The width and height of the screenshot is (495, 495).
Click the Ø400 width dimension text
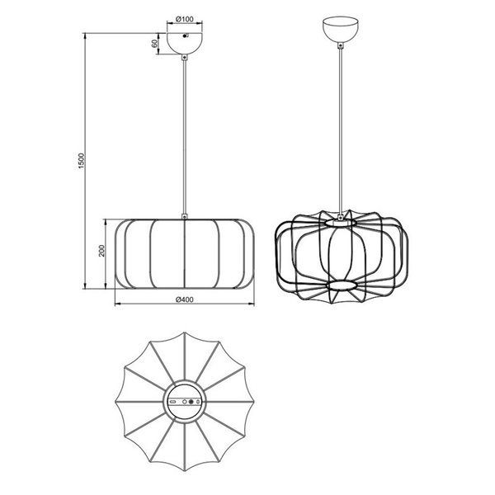tap(185, 299)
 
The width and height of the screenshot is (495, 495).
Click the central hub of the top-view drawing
tap(186, 402)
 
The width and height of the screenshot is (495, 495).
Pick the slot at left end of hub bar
tap(172, 402)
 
